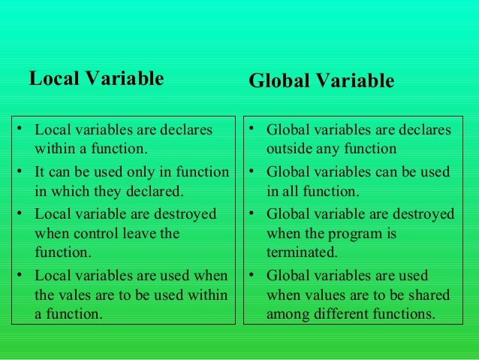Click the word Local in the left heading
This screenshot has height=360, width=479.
53,78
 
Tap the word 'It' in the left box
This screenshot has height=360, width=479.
41,172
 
